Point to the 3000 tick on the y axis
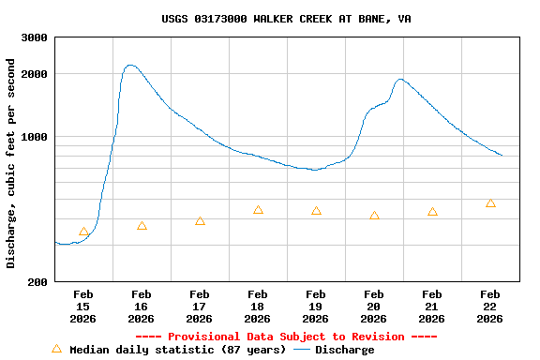pos(35,37)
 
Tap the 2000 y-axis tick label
pos(35,74)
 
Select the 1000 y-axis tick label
pos(35,137)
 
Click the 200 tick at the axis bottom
pos(38,282)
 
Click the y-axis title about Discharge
pos(11,163)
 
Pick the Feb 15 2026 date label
pos(83,307)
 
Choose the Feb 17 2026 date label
pos(200,307)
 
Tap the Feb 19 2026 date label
pos(316,307)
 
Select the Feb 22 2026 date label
pos(490,307)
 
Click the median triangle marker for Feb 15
pos(83,232)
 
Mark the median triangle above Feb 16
pos(142,226)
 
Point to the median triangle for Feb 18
pos(258,210)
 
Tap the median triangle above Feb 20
pos(374,216)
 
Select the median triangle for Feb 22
pos(490,203)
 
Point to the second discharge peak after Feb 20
pos(400,80)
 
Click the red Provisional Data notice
pos(286,337)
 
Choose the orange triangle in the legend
pos(56,349)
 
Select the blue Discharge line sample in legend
pos(302,350)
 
